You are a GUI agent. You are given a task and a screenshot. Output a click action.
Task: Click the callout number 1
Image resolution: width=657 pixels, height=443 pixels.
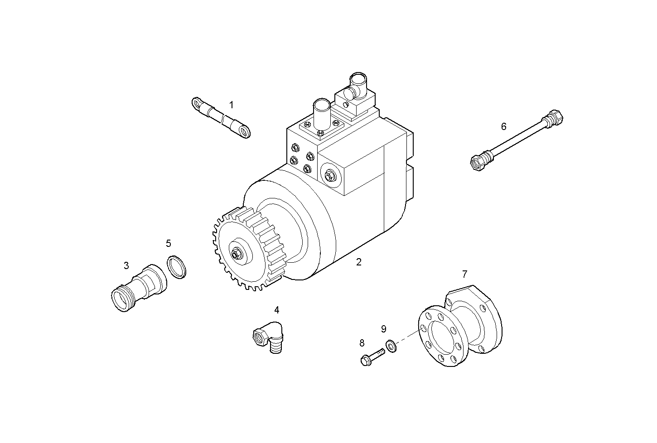coord(232,105)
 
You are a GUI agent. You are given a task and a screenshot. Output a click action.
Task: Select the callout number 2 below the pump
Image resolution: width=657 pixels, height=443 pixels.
coord(358,262)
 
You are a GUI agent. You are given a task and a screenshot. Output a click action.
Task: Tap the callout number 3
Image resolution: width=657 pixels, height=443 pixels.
coord(126,265)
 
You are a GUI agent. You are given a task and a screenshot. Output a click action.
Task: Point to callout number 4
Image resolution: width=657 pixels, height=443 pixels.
coord(276,310)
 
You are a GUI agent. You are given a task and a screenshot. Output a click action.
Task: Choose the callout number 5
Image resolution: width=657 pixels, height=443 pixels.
coord(169,244)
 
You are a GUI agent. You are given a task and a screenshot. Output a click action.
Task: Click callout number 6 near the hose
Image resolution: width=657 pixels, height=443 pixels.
coord(503,126)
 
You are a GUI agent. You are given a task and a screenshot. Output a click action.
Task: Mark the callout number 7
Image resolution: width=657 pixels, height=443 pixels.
coord(464,274)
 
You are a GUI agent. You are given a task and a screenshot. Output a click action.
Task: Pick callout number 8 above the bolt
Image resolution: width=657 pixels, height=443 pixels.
coord(362,343)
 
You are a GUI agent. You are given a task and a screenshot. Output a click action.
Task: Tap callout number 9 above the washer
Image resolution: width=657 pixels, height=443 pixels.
coord(383,328)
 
